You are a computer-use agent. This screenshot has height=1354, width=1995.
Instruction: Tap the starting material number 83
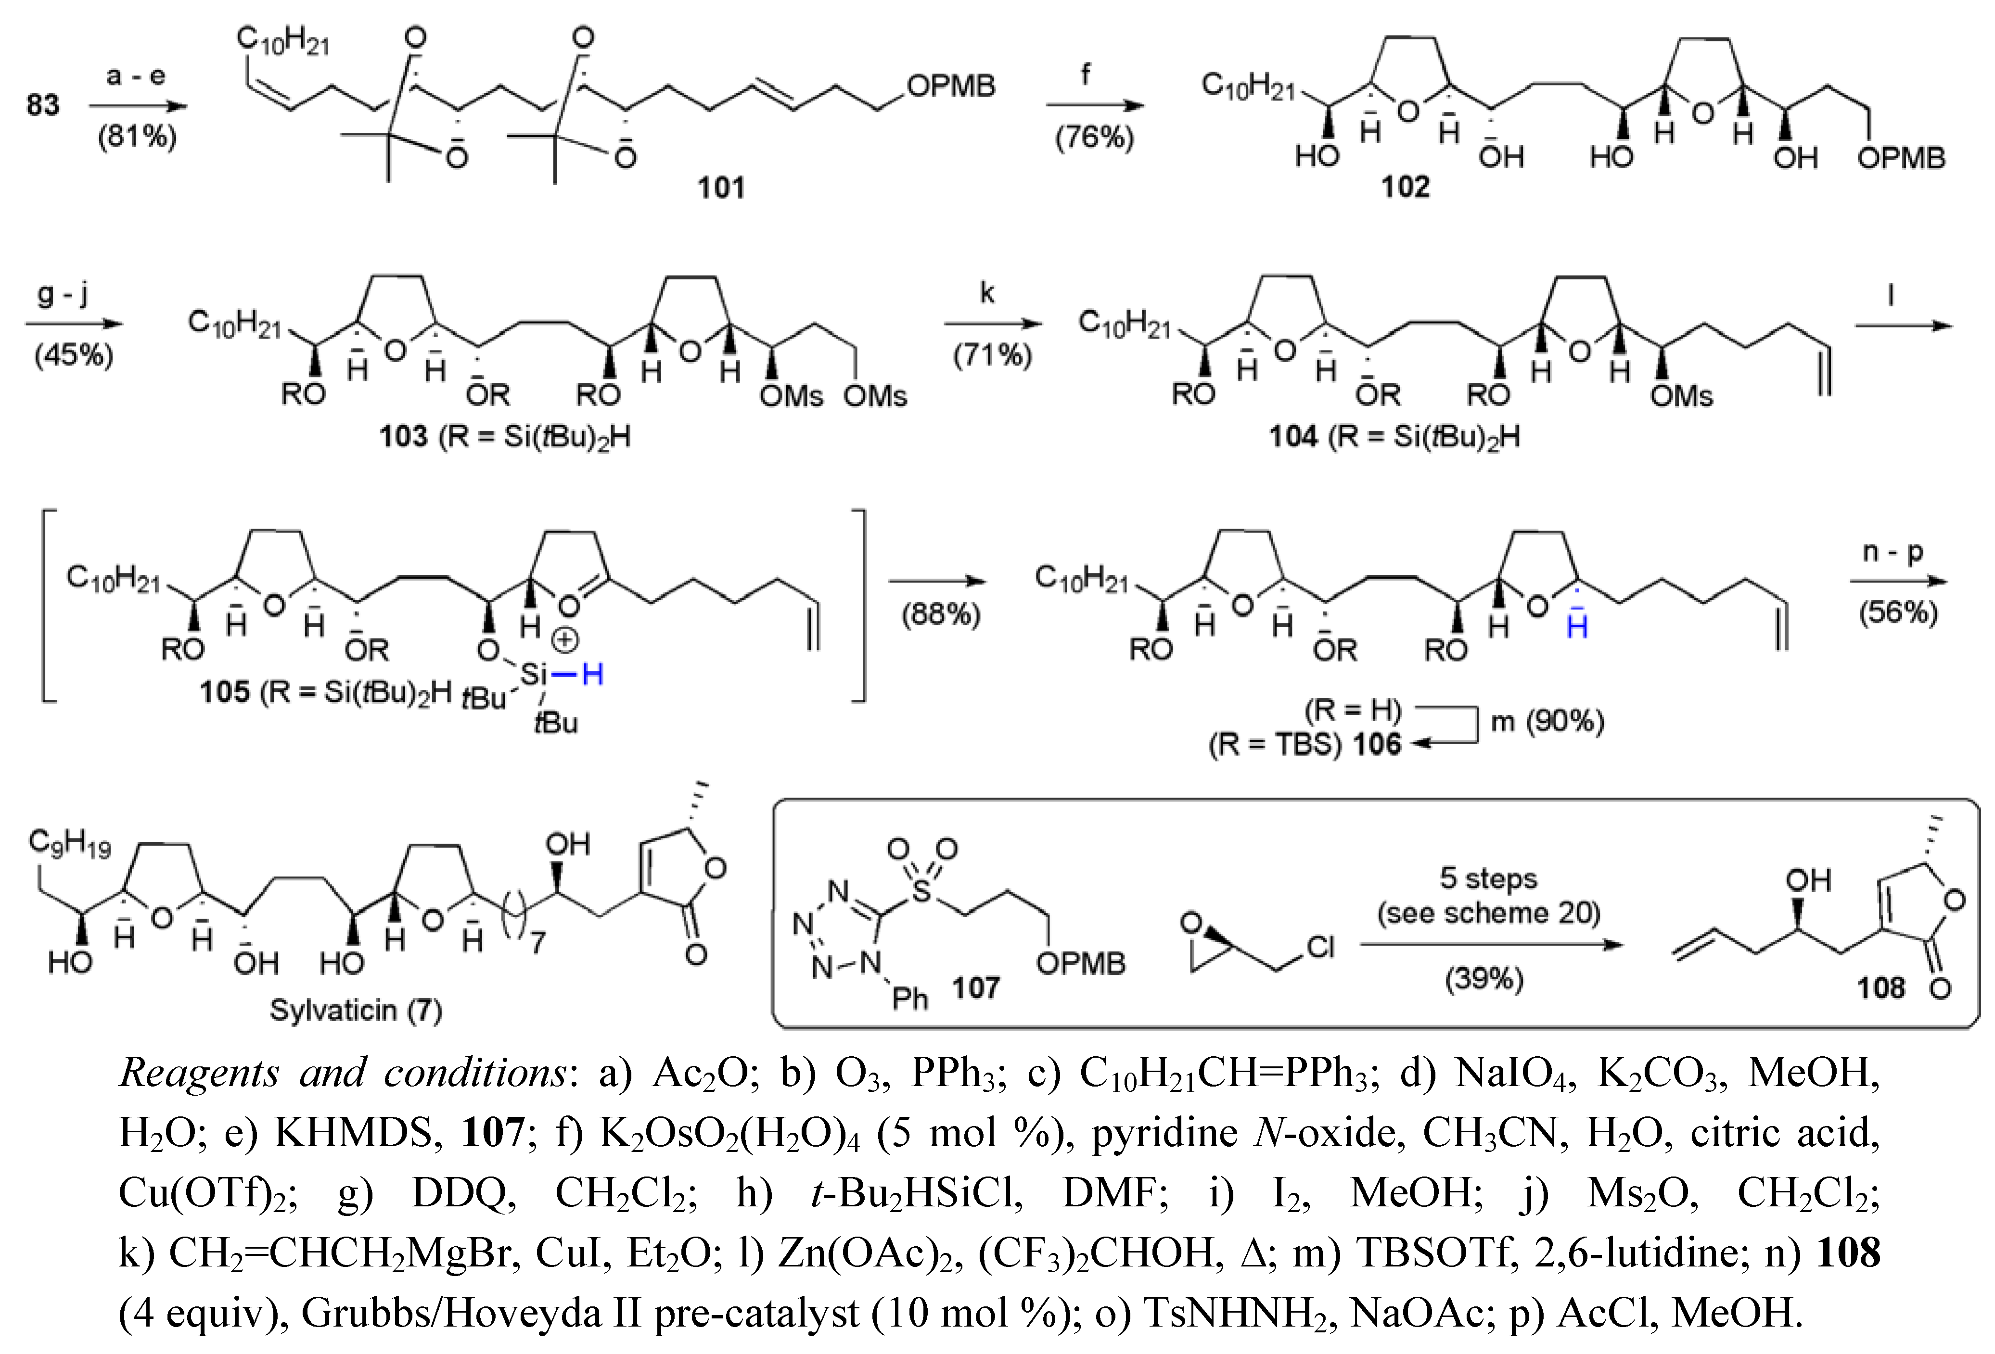point(42,105)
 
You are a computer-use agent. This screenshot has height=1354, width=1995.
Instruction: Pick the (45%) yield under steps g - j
point(74,355)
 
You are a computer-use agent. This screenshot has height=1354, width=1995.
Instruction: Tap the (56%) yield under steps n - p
point(1898,613)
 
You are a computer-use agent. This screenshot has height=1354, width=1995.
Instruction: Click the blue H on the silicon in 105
point(592,675)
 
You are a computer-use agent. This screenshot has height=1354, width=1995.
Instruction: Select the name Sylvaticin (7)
point(356,1010)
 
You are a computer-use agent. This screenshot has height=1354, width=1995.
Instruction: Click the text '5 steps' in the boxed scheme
point(1488,878)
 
